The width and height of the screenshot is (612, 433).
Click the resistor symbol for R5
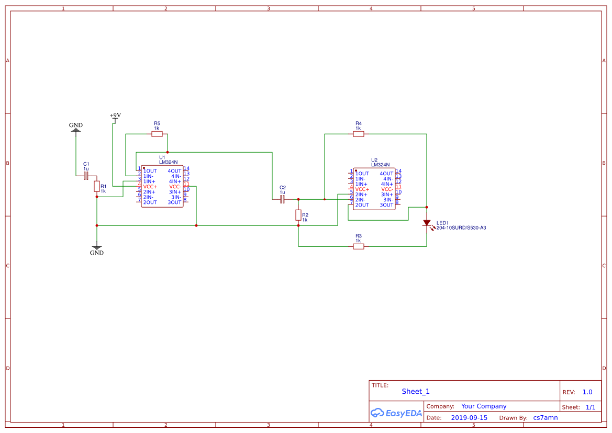coord(157,134)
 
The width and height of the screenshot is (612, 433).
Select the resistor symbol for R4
coord(359,134)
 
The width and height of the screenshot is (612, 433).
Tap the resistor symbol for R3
coord(359,246)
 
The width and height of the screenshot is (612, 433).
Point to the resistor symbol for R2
coord(298,215)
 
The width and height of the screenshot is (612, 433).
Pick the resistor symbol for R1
coord(97,186)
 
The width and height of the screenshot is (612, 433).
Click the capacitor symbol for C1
coord(86,176)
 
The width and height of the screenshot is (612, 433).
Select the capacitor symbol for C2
coord(283,199)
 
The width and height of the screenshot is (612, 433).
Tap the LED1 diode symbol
coord(427,223)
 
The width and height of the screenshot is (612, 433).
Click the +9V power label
coord(115,116)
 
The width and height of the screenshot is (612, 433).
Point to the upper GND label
coord(76,126)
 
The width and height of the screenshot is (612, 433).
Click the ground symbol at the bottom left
coord(97,248)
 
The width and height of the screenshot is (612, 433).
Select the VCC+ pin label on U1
coord(150,187)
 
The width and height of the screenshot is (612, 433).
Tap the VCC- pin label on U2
coord(387,189)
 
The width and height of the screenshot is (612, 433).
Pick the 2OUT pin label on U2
coord(362,205)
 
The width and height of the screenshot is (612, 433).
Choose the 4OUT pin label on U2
coord(386,174)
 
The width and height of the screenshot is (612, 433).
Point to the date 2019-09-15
coord(469,418)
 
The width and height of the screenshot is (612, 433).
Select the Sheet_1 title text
coord(416,392)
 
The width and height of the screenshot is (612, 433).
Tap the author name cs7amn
coord(546,418)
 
